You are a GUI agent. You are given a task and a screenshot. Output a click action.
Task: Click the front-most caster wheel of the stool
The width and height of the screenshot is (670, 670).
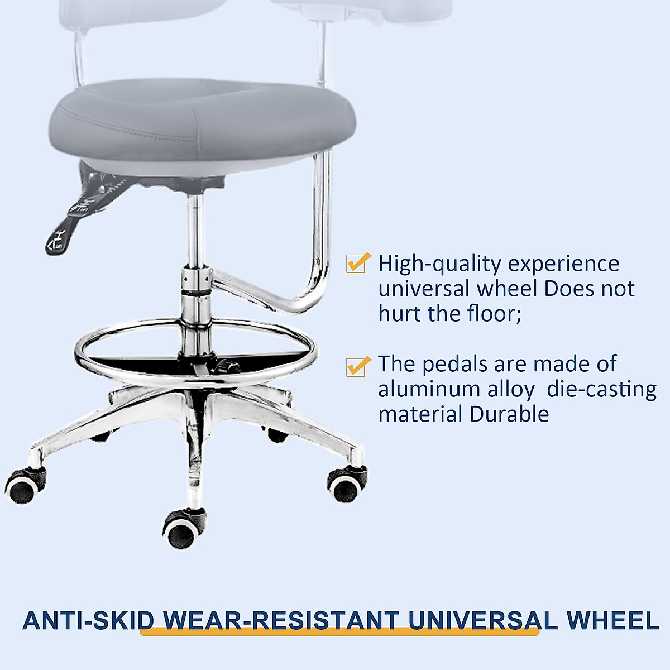pyautogui.click(x=182, y=530)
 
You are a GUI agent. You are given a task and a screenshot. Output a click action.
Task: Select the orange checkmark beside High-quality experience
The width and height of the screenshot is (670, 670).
pyautogui.click(x=358, y=262)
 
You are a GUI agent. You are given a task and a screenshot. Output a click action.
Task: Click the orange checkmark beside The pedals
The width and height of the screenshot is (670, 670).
pyautogui.click(x=358, y=366)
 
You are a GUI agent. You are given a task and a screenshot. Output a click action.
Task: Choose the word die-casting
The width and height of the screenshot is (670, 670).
pyautogui.click(x=601, y=389)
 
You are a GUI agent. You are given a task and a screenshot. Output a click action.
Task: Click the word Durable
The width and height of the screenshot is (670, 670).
pyautogui.click(x=509, y=414)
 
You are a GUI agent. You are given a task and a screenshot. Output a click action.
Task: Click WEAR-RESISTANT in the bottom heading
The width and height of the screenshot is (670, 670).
pyautogui.click(x=280, y=621)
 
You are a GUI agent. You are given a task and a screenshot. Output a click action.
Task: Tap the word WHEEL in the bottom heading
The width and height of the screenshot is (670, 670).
pyautogui.click(x=612, y=621)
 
